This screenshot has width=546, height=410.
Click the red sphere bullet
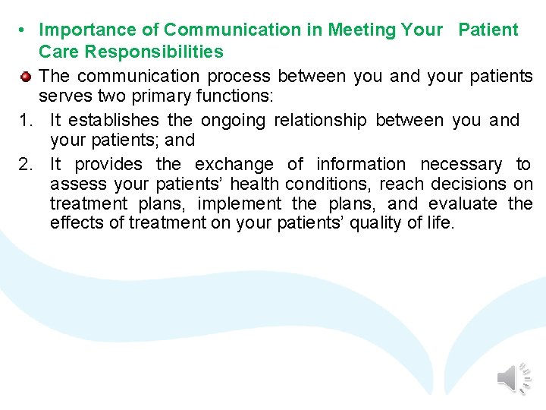pos(25,77)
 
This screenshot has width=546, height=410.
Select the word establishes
pos(116,121)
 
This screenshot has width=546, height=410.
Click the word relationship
pos(320,121)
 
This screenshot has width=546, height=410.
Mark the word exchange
pos(234,165)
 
